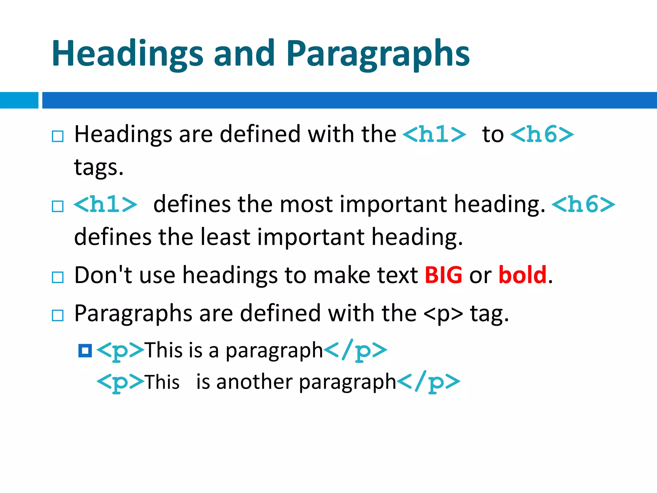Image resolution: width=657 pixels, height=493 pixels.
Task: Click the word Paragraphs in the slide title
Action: click(x=378, y=54)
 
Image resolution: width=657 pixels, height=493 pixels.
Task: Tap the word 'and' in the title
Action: click(x=244, y=53)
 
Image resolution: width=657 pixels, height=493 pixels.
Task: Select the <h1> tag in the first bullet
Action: click(x=434, y=134)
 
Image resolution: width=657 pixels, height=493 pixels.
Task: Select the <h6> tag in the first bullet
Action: click(x=542, y=134)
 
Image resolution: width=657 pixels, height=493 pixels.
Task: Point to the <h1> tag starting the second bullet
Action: click(x=106, y=204)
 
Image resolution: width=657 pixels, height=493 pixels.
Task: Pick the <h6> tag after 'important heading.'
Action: click(x=583, y=204)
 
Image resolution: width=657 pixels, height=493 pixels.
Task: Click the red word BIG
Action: click(x=443, y=275)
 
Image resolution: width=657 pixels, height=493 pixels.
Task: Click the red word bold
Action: click(x=522, y=275)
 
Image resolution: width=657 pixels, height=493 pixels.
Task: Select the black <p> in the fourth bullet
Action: click(x=443, y=314)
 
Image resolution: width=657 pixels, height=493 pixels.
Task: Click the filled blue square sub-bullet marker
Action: click(x=85, y=350)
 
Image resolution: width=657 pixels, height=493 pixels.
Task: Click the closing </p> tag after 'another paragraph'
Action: click(x=429, y=382)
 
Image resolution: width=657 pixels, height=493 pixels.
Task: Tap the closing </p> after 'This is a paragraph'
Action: click(x=355, y=350)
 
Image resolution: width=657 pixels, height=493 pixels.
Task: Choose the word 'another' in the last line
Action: click(x=254, y=382)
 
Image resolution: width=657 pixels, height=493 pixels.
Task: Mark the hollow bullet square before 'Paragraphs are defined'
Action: click(x=58, y=316)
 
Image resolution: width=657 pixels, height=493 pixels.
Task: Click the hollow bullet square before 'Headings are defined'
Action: click(x=58, y=136)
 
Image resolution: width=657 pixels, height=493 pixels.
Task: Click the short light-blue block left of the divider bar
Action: click(x=19, y=100)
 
